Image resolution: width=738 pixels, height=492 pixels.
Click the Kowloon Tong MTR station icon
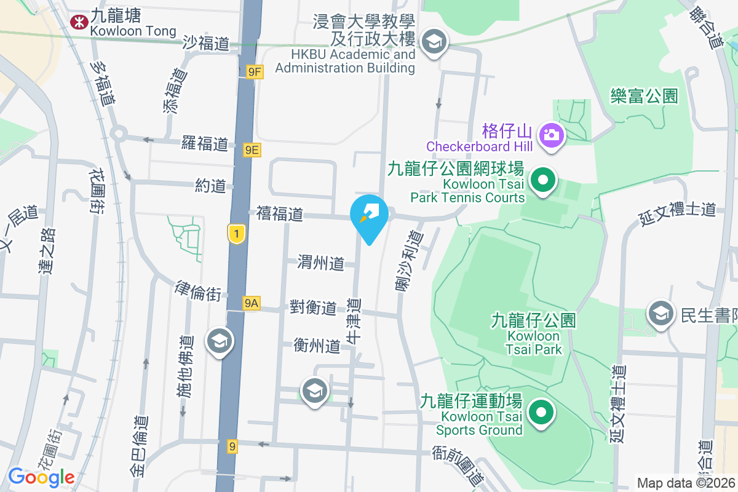[79, 23]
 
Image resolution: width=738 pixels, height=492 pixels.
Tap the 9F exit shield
[254, 72]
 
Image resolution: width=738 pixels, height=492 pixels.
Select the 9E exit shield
[252, 149]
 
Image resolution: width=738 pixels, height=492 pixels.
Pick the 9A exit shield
[251, 303]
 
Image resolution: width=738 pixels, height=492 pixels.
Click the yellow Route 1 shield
[237, 233]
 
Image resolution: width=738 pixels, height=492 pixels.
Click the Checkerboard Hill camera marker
[551, 134]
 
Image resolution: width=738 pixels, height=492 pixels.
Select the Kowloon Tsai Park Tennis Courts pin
[543, 181]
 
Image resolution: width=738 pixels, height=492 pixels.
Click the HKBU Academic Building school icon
[435, 42]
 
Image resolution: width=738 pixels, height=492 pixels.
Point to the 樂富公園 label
[644, 95]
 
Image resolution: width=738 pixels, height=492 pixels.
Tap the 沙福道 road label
[206, 42]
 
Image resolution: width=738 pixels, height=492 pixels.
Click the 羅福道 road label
[205, 144]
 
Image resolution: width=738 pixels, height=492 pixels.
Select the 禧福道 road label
[280, 213]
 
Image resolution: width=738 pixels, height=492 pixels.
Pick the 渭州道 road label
[320, 263]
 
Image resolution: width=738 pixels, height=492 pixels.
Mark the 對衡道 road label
[313, 307]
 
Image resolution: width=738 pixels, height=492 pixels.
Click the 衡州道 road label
[317, 346]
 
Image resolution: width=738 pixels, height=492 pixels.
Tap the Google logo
[41, 477]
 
